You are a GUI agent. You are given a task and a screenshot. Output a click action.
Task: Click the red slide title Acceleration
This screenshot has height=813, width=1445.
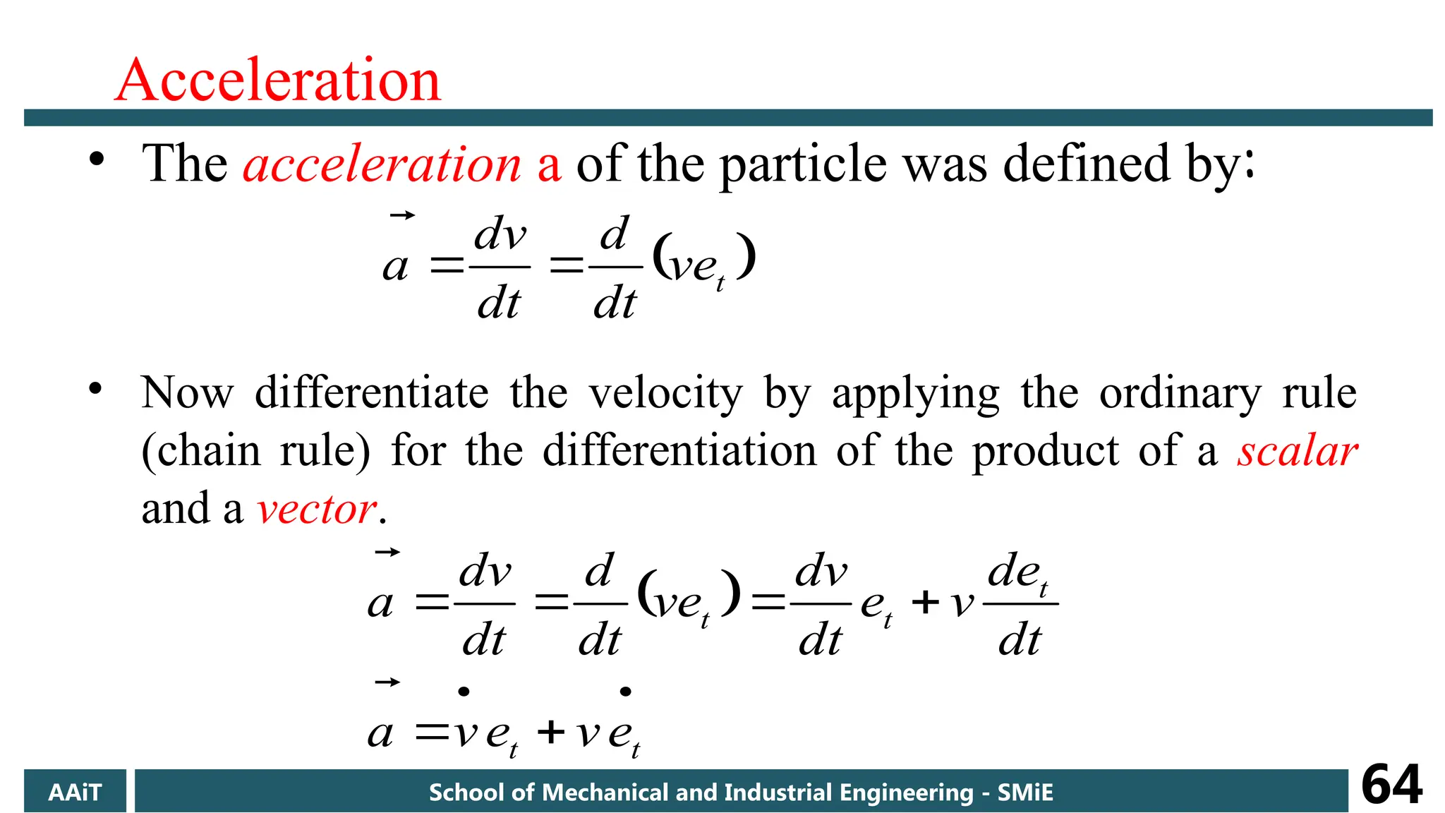(278, 80)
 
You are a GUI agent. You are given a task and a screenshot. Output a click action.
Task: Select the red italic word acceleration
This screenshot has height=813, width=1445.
(382, 164)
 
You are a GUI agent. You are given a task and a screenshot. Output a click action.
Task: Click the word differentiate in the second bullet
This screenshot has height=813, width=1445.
(372, 392)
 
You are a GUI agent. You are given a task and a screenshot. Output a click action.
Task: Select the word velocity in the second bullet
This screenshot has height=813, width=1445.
(666, 394)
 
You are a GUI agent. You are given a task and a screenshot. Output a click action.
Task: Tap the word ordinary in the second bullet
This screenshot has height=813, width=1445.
(1180, 394)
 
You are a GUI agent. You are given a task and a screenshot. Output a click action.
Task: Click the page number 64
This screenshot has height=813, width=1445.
(1391, 785)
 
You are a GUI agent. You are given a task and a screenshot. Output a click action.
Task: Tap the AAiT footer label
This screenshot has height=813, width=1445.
(75, 793)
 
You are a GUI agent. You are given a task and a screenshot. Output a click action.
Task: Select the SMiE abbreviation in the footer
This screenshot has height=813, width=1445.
(1024, 793)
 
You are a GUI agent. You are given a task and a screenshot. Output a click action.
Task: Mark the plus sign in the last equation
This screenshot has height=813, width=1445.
(551, 732)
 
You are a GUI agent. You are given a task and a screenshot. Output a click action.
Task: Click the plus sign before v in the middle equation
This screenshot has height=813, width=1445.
(925, 603)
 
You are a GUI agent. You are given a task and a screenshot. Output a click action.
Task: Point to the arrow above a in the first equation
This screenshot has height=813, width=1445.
(402, 215)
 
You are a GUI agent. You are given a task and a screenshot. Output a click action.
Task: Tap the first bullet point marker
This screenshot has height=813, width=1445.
(96, 159)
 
